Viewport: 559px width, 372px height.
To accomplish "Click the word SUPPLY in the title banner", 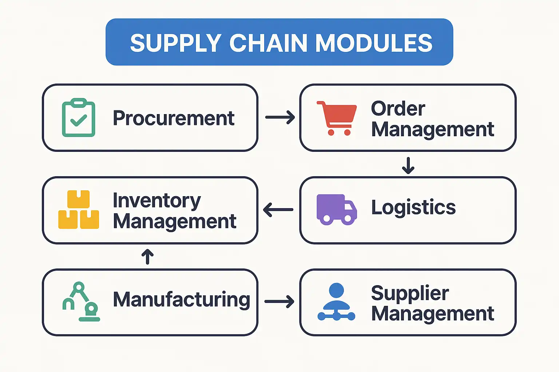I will [175, 43].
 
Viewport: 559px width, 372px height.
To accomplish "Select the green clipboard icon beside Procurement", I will [79, 118].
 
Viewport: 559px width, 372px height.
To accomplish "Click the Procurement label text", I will [174, 118].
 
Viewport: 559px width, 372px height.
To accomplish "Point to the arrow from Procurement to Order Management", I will [279, 117].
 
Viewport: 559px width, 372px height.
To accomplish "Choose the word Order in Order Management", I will [398, 108].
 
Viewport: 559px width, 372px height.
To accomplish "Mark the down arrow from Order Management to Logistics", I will [408, 165].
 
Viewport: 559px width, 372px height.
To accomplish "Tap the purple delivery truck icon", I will [336, 210].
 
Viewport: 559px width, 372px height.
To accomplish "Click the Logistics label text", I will [413, 207].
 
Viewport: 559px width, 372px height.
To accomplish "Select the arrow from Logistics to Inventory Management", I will [278, 210].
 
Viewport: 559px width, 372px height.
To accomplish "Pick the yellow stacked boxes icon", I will [79, 210].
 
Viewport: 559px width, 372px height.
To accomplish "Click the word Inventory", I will [156, 200].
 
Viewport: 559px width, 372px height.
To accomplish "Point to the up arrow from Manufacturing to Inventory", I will [147, 256].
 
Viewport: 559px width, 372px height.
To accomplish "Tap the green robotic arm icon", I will [81, 302].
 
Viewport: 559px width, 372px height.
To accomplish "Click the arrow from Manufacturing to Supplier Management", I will [279, 302].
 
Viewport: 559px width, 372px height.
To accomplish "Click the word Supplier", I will [410, 293].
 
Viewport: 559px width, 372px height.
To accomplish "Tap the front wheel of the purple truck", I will [348, 219].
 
